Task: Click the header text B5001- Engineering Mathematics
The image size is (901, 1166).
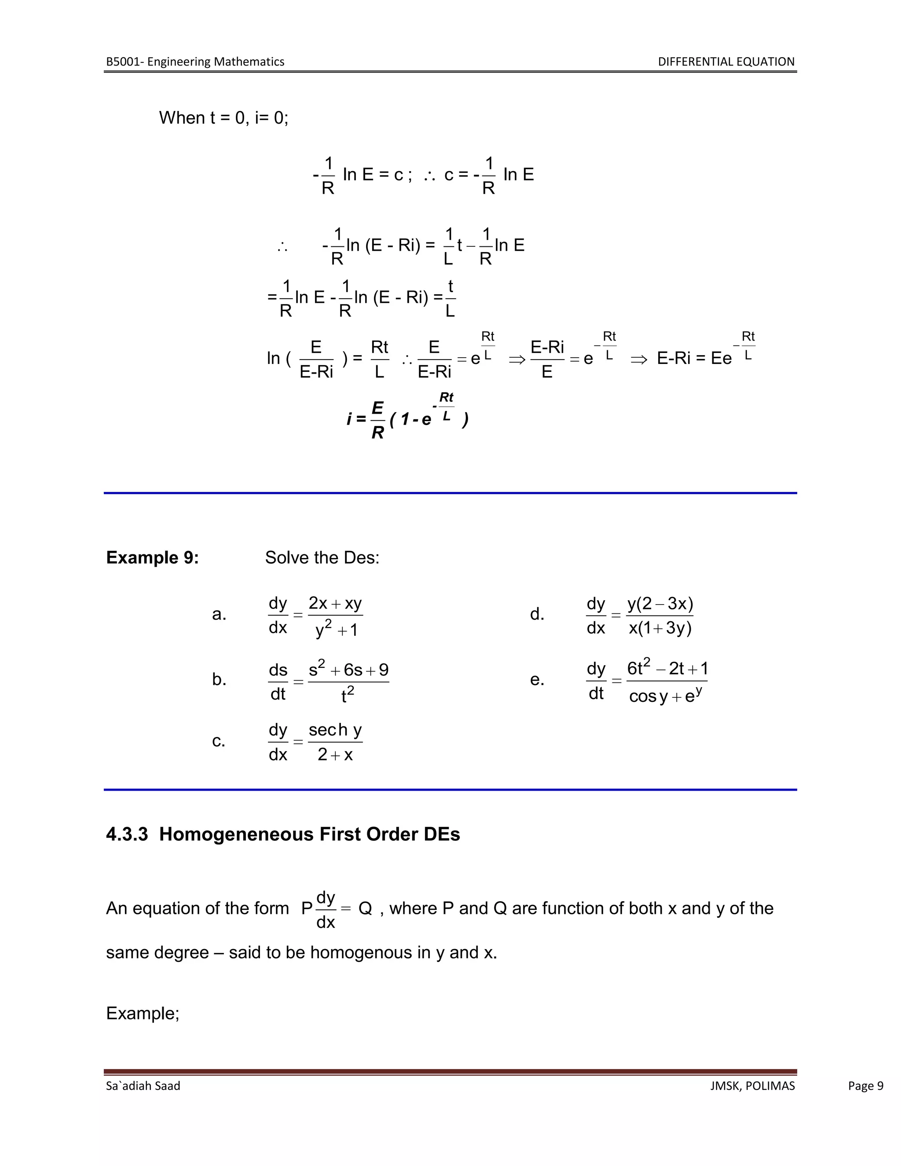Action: pyautogui.click(x=195, y=62)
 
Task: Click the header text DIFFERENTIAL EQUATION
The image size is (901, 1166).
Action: pyautogui.click(x=726, y=62)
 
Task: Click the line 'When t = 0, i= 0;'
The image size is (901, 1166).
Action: pyautogui.click(x=223, y=117)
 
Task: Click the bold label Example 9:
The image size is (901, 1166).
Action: pyautogui.click(x=152, y=557)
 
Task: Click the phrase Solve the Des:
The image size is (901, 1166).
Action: pyautogui.click(x=322, y=557)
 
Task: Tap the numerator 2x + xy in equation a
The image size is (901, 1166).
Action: pyautogui.click(x=335, y=603)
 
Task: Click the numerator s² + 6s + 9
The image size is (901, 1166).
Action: pyautogui.click(x=348, y=670)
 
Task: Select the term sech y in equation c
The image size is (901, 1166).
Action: pyautogui.click(x=335, y=730)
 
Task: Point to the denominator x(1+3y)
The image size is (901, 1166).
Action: pyautogui.click(x=660, y=628)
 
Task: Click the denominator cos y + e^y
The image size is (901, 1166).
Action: pyautogui.click(x=666, y=696)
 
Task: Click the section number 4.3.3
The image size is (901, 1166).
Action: pyautogui.click(x=127, y=834)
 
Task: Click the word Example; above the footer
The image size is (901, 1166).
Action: pyautogui.click(x=143, y=1013)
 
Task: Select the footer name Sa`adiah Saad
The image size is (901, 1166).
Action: pyautogui.click(x=143, y=1086)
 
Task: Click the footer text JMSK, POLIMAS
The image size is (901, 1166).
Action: pyautogui.click(x=752, y=1086)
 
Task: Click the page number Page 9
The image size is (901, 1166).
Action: pyautogui.click(x=865, y=1086)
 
